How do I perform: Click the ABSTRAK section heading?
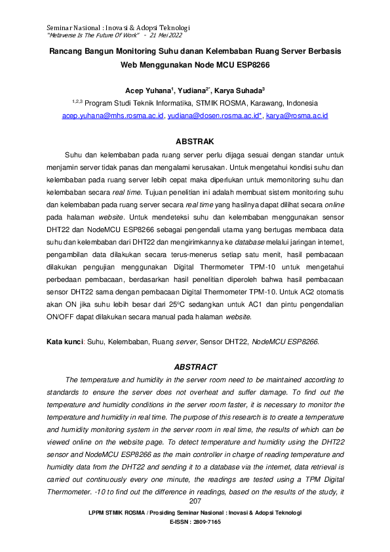click(x=195, y=141)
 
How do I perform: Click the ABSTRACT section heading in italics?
click(x=195, y=367)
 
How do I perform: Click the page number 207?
click(x=195, y=500)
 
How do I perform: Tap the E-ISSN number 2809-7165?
click(x=205, y=522)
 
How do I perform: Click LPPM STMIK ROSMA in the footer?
click(x=116, y=511)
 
